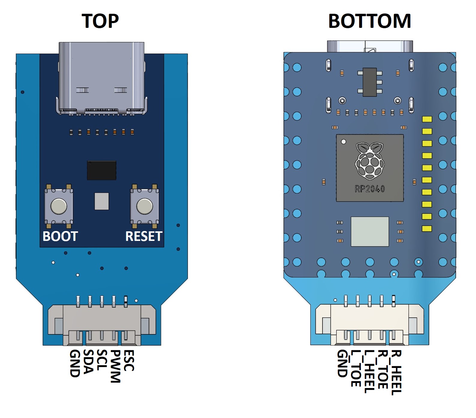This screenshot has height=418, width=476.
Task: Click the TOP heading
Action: point(100,21)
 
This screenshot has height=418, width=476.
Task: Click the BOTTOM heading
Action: point(369,21)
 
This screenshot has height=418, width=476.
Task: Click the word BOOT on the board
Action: point(60,236)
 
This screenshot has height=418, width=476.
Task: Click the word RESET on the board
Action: point(144,236)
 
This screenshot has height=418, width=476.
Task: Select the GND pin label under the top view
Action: point(75,363)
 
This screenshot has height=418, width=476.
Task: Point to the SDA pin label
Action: point(88,362)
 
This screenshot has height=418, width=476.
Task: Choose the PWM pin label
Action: point(115,366)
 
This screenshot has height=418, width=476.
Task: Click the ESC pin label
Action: point(129,360)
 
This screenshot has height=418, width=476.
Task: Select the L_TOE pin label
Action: point(356,368)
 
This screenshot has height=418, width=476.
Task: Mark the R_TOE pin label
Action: point(383,369)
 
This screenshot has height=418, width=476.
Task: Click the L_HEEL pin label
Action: point(369,372)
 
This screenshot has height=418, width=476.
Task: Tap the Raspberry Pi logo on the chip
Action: point(370,161)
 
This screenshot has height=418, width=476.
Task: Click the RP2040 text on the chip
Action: point(370,189)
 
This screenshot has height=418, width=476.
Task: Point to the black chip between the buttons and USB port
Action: point(102,170)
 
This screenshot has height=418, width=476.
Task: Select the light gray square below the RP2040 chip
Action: point(370,232)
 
